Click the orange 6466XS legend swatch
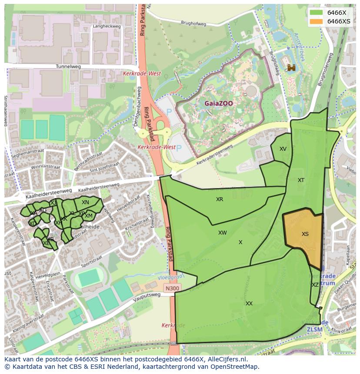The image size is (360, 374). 317,21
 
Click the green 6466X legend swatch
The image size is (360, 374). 317,13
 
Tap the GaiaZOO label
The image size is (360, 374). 219,104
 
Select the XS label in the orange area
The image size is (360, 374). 305,234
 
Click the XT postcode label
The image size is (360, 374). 301,180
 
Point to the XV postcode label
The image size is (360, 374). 283,149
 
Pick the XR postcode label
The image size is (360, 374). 220,199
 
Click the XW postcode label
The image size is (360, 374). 222,233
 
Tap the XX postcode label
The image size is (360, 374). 249,304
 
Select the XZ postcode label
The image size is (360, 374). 315,285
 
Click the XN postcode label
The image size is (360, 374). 85,202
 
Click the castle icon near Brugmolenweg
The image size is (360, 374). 291,67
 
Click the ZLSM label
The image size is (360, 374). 315,329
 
